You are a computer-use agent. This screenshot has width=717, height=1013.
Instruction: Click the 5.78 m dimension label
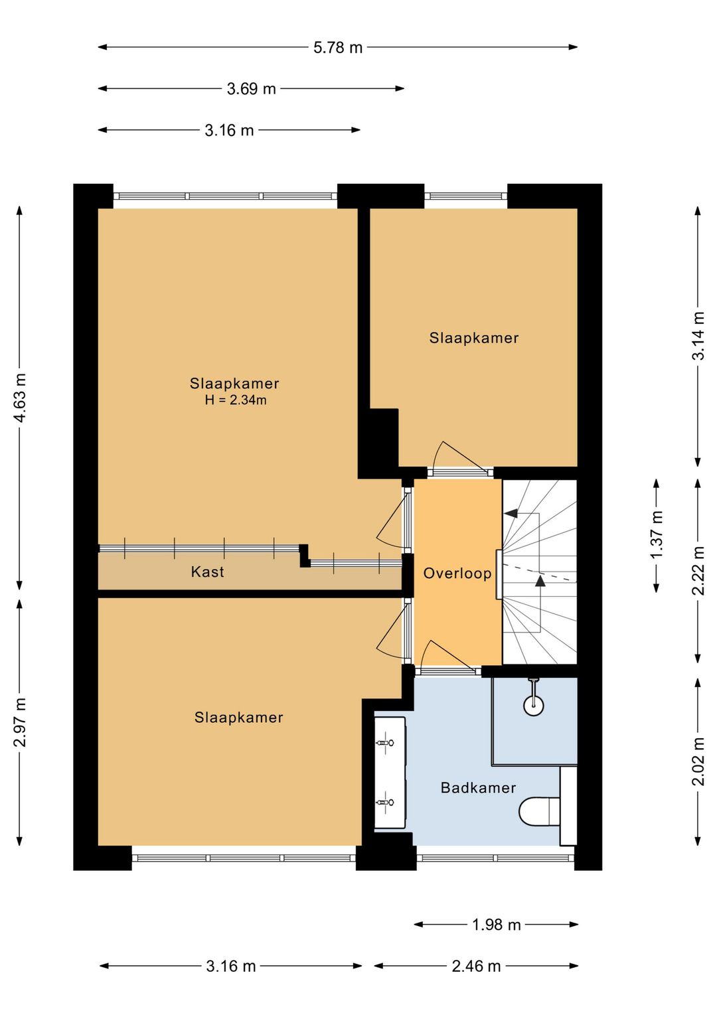click(338, 48)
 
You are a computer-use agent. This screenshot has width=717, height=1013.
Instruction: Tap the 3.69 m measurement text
click(251, 89)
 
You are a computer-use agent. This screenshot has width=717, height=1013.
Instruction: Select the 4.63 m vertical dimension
click(21, 398)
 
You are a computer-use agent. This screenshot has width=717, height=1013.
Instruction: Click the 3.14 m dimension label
click(698, 335)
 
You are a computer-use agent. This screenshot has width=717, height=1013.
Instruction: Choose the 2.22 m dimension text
click(698, 570)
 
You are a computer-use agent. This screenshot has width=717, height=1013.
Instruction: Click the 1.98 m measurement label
click(496, 925)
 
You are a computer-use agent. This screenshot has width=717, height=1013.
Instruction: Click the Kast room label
click(207, 572)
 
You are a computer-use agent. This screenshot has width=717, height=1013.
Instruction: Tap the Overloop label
click(457, 574)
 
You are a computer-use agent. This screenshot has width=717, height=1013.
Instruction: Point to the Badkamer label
click(478, 788)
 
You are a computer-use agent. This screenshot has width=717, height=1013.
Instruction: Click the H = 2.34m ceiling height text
click(236, 400)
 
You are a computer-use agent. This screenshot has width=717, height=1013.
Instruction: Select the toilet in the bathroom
click(539, 811)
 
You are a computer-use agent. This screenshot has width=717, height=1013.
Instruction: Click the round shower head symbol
click(534, 705)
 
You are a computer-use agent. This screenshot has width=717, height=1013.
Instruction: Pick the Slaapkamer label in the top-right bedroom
click(473, 338)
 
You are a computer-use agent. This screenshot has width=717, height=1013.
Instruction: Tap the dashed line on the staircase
click(540, 573)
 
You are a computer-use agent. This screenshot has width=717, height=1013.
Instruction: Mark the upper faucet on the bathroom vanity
click(384, 743)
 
